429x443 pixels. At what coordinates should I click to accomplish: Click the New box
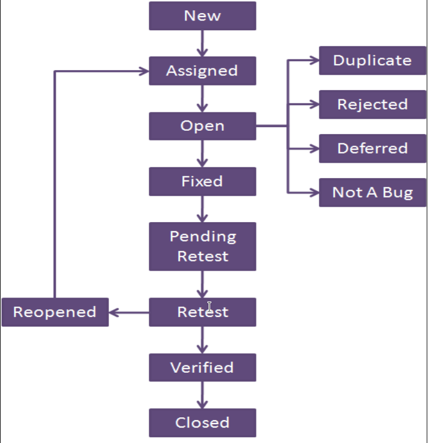tap(202, 16)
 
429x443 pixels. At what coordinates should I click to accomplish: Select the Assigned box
tap(202, 71)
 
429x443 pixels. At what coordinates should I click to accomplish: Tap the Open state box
tap(202, 126)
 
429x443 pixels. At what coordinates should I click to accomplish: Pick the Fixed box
tap(202, 182)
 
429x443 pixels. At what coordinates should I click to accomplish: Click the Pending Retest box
tap(202, 246)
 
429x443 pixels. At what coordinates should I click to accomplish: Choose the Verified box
tap(202, 367)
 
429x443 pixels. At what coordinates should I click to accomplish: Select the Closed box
tap(202, 422)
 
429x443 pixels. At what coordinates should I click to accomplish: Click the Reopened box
tap(55, 312)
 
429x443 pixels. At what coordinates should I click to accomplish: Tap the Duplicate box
tap(372, 61)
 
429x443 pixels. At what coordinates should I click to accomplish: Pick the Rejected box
tap(372, 104)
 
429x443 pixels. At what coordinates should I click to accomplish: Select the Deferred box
tap(372, 148)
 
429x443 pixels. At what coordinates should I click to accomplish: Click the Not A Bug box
tap(372, 192)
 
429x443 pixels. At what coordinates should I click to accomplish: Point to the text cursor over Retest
tap(210, 308)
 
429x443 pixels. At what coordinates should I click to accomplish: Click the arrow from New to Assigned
tap(202, 43)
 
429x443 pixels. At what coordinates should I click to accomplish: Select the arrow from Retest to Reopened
tap(129, 312)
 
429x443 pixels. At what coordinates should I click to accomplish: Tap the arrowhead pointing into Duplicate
tap(314, 60)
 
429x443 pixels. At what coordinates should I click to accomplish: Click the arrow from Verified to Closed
tap(202, 395)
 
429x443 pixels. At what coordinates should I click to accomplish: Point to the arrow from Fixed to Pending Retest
tap(202, 209)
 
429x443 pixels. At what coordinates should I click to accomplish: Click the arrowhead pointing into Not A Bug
tap(314, 192)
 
